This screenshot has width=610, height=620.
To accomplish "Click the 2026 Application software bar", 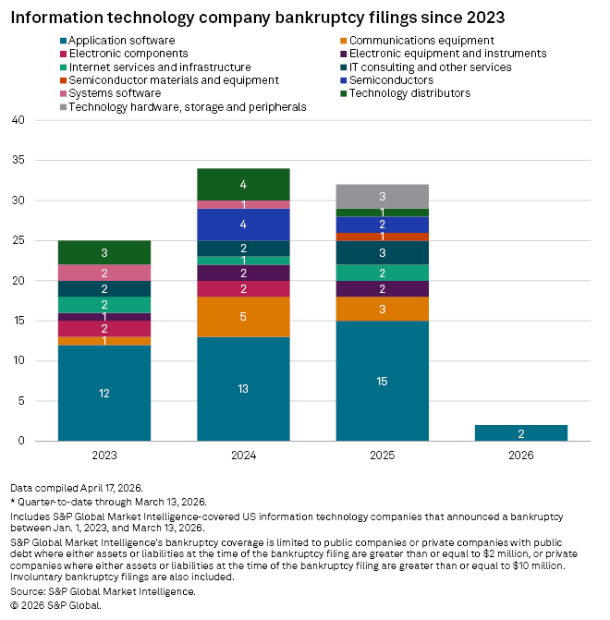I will click(x=521, y=432).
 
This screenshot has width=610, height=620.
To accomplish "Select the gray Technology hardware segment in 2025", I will click(x=382, y=197).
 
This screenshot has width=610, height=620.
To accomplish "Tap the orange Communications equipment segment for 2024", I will click(x=243, y=317).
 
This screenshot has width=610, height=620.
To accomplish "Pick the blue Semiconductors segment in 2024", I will click(x=243, y=225).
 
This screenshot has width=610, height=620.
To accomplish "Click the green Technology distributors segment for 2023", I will click(x=104, y=252).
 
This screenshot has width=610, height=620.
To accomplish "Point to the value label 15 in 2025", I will click(x=382, y=381).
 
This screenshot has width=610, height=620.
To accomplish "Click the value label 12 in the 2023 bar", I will click(x=104, y=393).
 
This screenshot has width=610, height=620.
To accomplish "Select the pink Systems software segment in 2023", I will click(x=104, y=273).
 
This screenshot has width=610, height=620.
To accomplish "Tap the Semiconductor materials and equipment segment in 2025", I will click(x=382, y=237).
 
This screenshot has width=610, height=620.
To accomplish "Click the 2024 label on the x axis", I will click(x=243, y=456).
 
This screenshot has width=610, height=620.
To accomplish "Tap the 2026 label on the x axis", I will click(x=521, y=456).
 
